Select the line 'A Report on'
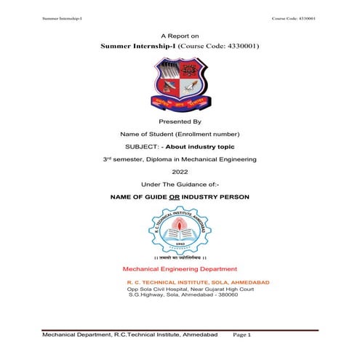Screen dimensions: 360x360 coord(179,35)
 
